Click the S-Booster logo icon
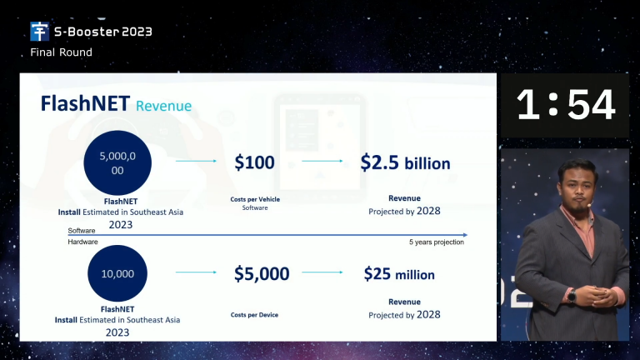click(x=40, y=32)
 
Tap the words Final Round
click(x=61, y=52)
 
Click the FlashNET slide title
click(x=85, y=103)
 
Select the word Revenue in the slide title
click(x=163, y=106)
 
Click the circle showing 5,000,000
click(x=117, y=162)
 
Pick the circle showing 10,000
click(x=117, y=273)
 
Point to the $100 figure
click(x=254, y=162)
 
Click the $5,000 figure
click(x=262, y=273)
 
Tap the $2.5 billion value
click(x=405, y=162)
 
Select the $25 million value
click(x=399, y=274)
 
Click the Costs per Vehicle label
click(x=255, y=199)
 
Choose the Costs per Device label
click(x=254, y=315)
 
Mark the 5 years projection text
click(x=437, y=242)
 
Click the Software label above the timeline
click(x=81, y=231)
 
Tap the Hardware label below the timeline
click(x=82, y=242)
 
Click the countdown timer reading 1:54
click(x=565, y=105)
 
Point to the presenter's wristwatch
click(x=572, y=295)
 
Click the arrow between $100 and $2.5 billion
click(x=322, y=161)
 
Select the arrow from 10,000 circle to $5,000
click(x=196, y=272)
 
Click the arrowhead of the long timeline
click(x=465, y=235)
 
